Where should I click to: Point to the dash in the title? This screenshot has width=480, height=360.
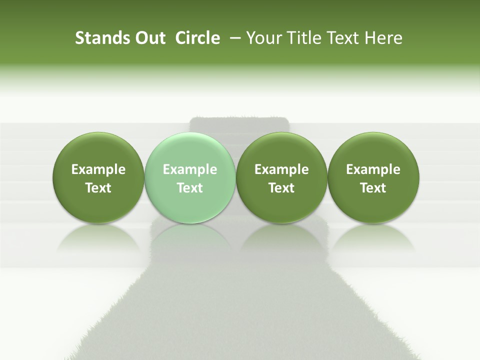(233, 38)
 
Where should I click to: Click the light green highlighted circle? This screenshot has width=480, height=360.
(190, 178)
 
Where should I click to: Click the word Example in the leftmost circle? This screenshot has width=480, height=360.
(98, 170)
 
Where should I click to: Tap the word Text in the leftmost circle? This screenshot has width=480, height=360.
(98, 188)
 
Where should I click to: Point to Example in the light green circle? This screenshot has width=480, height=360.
(190, 170)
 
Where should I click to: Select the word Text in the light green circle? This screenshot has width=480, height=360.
(190, 188)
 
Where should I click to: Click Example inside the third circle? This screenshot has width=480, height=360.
(281, 170)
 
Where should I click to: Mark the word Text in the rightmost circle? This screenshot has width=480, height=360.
(373, 188)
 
